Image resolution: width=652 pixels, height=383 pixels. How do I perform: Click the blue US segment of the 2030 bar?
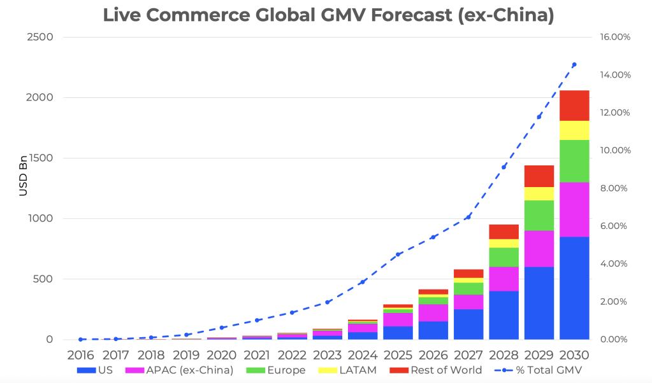tap(574, 288)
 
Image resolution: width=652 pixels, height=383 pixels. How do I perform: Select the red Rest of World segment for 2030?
tap(574, 106)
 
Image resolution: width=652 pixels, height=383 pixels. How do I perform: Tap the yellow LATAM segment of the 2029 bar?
tap(539, 193)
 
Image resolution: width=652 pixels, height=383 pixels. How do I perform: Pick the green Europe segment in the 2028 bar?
tap(503, 257)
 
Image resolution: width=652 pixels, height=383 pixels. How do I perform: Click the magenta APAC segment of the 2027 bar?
tap(468, 302)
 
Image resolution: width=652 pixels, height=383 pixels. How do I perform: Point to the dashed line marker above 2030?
tap(574, 64)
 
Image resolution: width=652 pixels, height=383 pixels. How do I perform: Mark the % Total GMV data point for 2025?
tap(398, 254)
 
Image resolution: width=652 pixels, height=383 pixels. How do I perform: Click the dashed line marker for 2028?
tap(504, 167)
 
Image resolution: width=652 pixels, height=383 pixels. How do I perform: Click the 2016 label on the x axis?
tap(82, 354)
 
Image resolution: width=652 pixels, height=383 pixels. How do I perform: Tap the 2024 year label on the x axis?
tap(363, 354)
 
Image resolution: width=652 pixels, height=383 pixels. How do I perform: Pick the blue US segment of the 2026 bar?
tap(433, 330)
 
